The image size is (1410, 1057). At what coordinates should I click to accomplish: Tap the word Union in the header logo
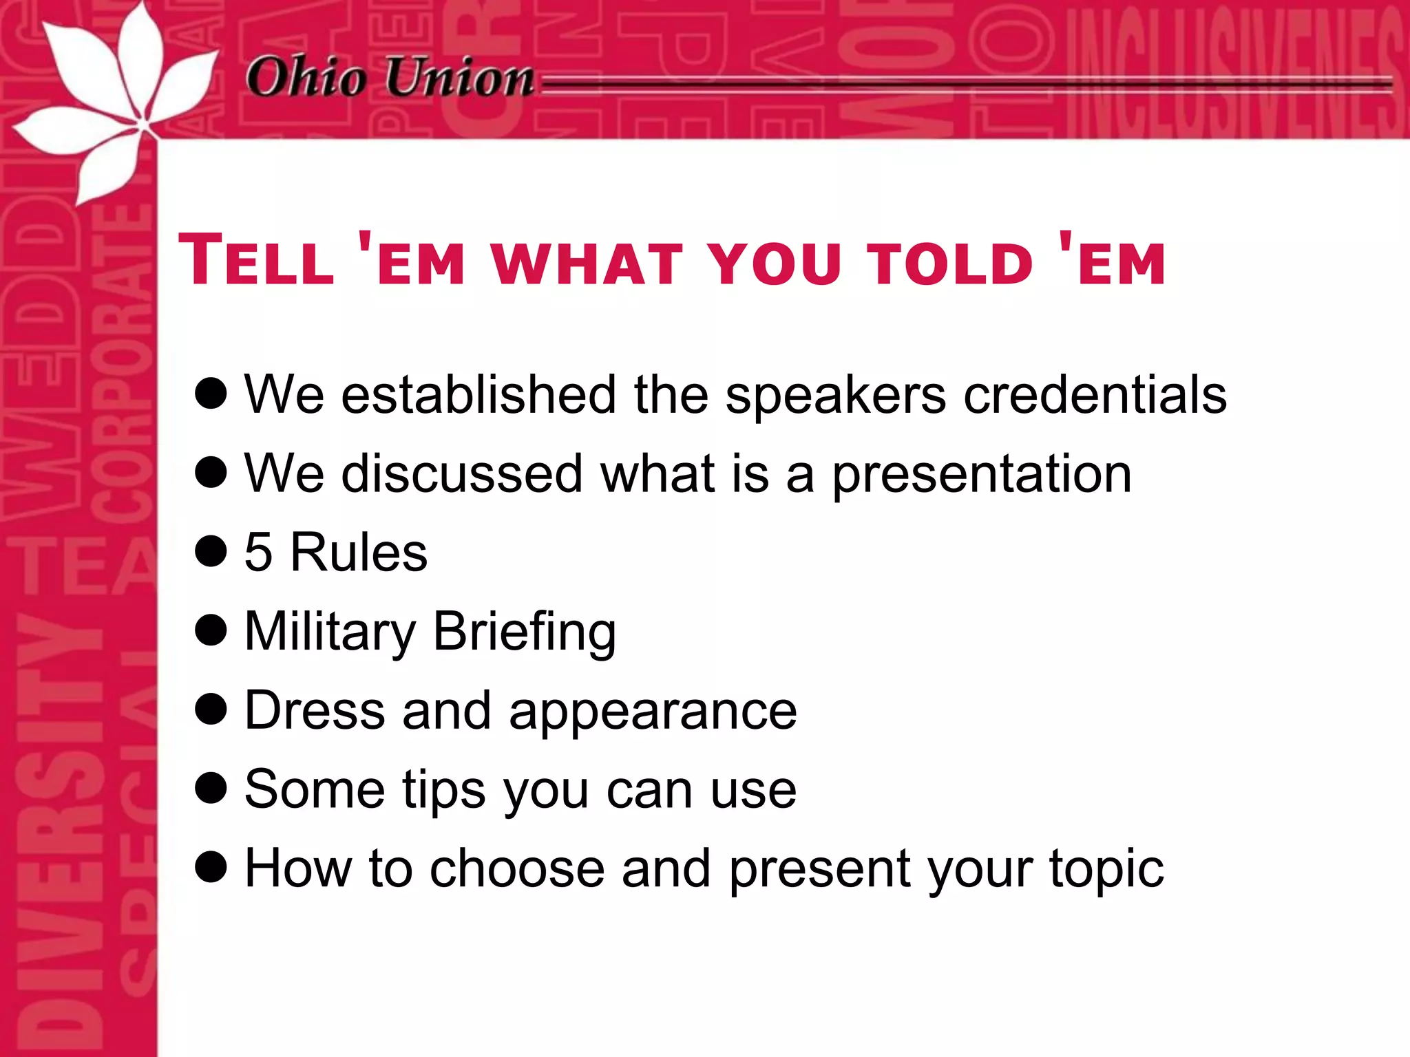[x=459, y=76]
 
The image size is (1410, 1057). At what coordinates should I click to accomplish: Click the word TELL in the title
[x=257, y=261]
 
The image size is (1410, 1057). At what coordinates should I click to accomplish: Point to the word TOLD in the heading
[x=949, y=264]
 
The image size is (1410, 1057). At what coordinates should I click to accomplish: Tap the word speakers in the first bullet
[x=836, y=396]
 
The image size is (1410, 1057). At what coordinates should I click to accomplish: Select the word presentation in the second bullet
[x=982, y=475]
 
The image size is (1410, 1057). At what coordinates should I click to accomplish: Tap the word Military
[x=330, y=632]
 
